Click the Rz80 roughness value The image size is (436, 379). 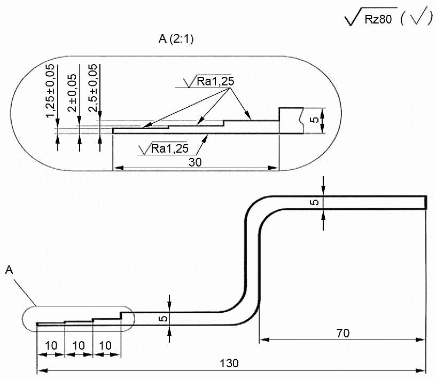coord(378,19)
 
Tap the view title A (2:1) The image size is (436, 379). coord(176,38)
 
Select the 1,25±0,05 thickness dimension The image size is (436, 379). coord(50,91)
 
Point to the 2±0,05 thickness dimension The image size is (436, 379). coord(72,93)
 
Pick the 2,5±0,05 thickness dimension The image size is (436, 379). coord(93,88)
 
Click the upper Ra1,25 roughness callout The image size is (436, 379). coord(215,81)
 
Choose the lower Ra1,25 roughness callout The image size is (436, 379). coord(169,148)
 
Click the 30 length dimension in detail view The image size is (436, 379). coord(195,162)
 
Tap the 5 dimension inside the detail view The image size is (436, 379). coord(315,120)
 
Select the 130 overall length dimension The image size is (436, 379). coord(229,363)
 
